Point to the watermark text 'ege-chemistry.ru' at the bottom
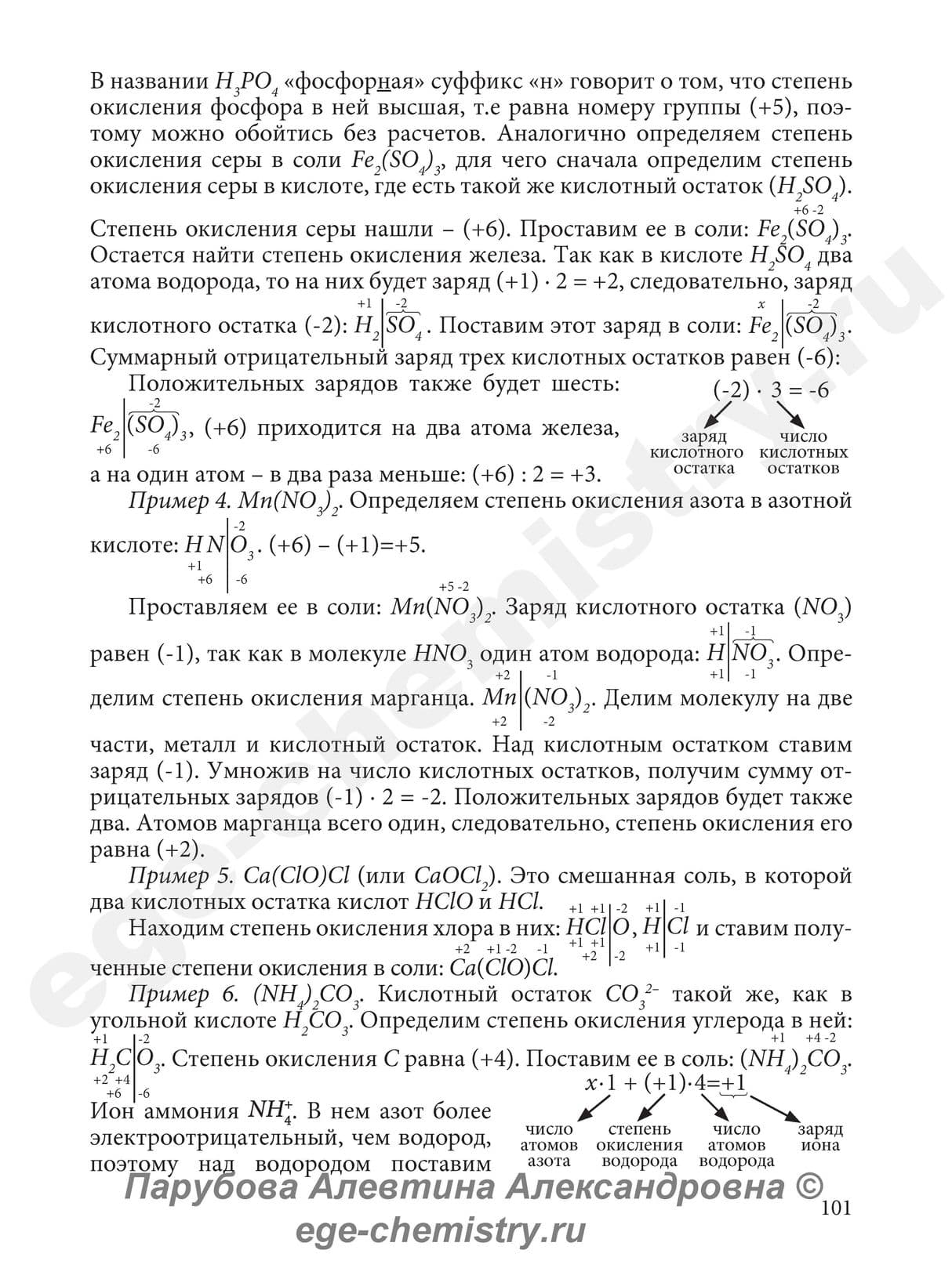tap(440, 1230)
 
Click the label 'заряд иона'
tap(820, 1137)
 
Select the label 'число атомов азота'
tap(549, 1145)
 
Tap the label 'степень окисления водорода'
tap(639, 1145)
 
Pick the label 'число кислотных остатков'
tap(803, 452)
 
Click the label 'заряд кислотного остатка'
tap(697, 452)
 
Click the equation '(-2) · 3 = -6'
tap(771, 389)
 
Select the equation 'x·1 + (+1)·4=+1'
tap(666, 1084)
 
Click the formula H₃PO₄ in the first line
tap(241, 82)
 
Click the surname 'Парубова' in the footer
tap(212, 1187)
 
